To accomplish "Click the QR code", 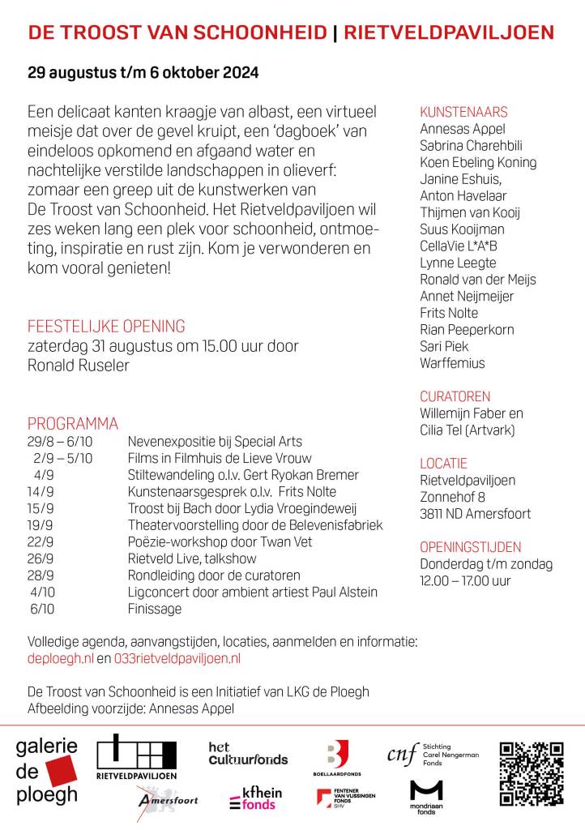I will click(x=531, y=774).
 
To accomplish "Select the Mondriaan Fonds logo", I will click(x=426, y=797).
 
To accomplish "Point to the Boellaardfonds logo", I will click(x=335, y=759).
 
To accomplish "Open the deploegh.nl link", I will click(x=61, y=659).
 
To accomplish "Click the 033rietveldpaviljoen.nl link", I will click(x=177, y=659).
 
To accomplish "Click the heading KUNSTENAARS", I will click(x=463, y=112).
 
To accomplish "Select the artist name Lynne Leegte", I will click(x=458, y=263).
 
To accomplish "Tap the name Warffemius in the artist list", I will click(x=452, y=363).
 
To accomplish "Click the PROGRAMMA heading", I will click(x=73, y=424).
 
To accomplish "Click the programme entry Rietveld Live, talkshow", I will click(x=192, y=558).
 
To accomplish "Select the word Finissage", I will click(x=155, y=609).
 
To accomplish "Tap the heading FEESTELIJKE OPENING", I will click(x=106, y=327).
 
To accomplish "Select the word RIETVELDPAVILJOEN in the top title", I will click(x=450, y=32).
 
